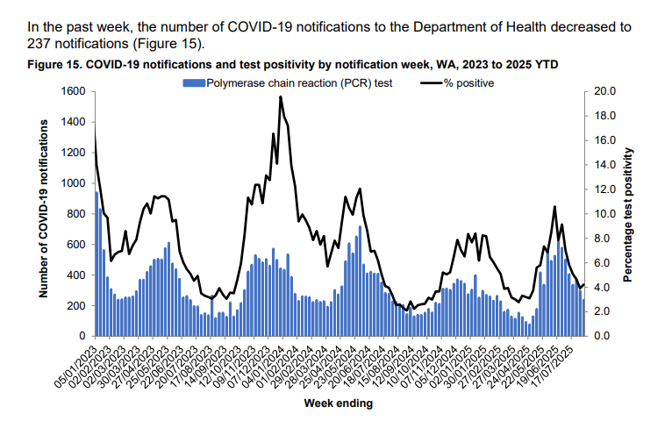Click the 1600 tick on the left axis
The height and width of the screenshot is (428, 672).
coord(73,91)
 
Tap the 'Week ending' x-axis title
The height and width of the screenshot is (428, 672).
coord(338,403)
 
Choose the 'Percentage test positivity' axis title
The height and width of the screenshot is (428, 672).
coord(629,213)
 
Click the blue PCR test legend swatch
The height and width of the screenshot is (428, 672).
coord(192,83)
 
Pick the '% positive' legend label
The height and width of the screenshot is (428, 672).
coord(469,83)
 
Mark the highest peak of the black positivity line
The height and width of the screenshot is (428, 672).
coord(281,96)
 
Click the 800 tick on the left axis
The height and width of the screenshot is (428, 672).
coord(75,214)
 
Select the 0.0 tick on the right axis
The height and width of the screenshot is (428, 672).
coord(604,336)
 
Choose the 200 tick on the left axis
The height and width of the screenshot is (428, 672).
coord(75,305)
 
